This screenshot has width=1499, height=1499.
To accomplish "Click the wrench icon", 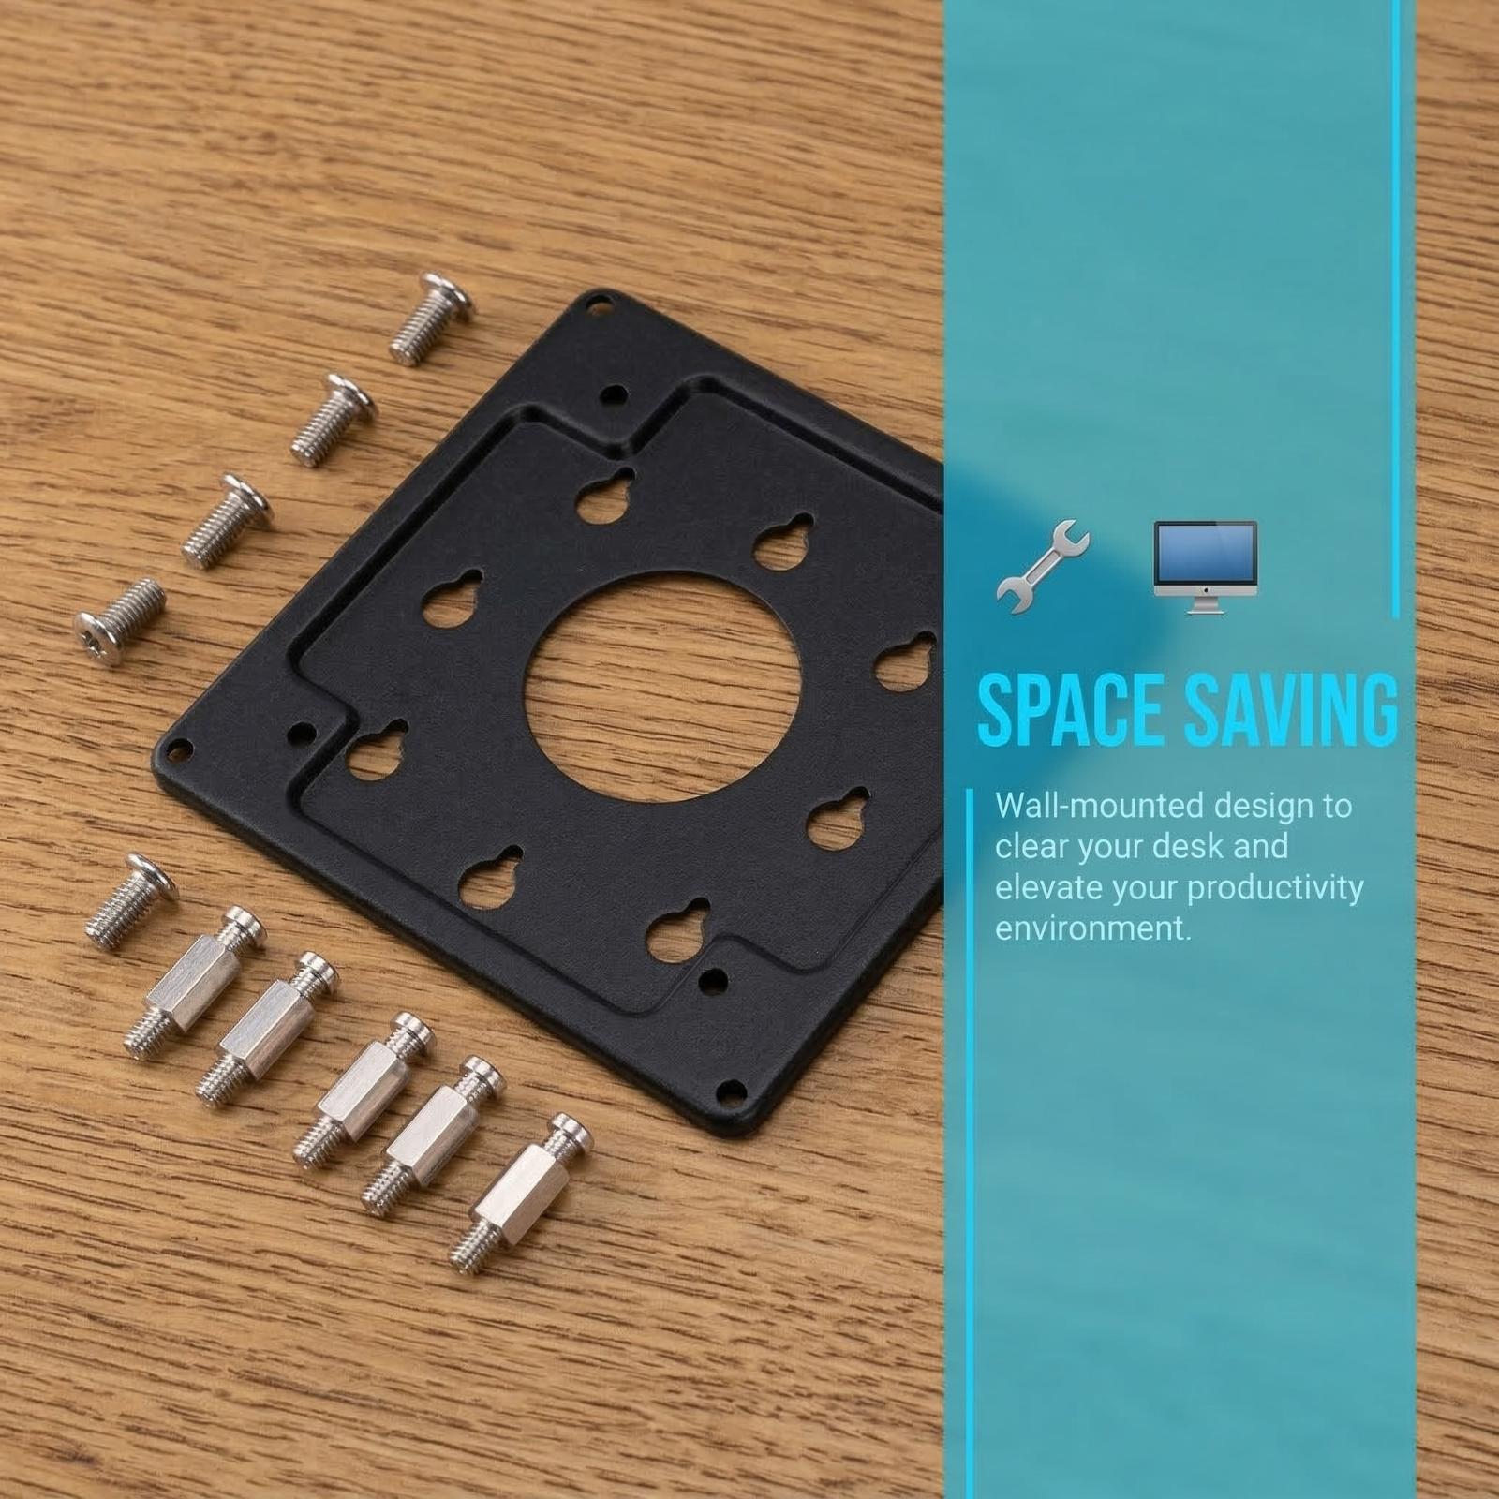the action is click(1043, 567).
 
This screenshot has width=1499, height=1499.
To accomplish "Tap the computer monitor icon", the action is click(1205, 567).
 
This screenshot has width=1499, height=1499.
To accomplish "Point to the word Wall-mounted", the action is click(1099, 806).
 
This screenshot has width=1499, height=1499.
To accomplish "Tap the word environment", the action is click(1093, 928).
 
